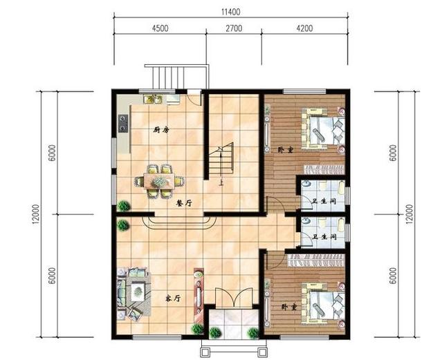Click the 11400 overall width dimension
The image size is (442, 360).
click(230, 12)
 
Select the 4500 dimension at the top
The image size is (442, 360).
click(160, 28)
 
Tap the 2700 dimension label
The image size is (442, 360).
click(234, 28)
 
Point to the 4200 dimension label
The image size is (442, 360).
click(304, 28)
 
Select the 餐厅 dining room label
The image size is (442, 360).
click(184, 203)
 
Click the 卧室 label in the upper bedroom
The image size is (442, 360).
click(286, 150)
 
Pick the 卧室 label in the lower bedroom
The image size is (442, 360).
click(290, 307)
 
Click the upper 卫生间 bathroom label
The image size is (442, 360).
click(324, 201)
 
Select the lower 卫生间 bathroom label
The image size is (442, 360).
click(325, 236)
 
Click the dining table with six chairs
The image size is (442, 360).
click(160, 181)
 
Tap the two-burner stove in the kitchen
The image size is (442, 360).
click(123, 124)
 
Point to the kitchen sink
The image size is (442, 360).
click(152, 99)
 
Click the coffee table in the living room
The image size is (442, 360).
click(138, 292)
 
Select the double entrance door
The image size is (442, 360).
click(234, 297)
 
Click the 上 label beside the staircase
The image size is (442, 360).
click(221, 183)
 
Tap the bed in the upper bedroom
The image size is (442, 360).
click(323, 130)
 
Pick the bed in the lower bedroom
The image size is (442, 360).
click(323, 305)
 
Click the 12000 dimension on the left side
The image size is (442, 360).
click(36, 214)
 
